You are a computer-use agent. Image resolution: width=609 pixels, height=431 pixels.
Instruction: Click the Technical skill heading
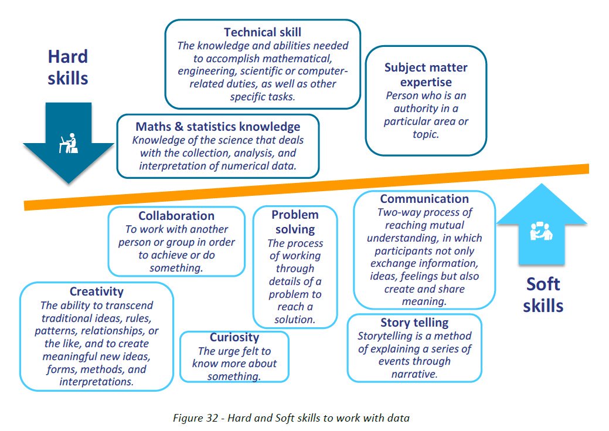pos(263,32)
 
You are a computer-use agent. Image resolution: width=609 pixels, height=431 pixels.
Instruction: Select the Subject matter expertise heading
pos(426,74)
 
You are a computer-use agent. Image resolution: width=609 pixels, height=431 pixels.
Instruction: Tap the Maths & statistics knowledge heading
pos(218,127)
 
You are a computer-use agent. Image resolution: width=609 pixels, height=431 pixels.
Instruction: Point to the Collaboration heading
pos(176,216)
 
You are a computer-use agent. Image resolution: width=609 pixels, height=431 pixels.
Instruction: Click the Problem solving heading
pos(295,222)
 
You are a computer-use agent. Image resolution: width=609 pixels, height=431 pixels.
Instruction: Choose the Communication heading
pos(424,199)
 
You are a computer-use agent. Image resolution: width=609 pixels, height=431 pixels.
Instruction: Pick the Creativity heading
pos(96,291)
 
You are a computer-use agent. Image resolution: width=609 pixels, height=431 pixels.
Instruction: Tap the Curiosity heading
pos(234,338)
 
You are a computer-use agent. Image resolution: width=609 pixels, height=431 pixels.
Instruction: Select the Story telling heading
pos(414,323)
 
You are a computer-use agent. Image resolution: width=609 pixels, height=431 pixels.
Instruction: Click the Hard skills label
pos(68,67)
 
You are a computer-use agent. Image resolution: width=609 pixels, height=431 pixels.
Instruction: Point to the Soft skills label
pos(543,295)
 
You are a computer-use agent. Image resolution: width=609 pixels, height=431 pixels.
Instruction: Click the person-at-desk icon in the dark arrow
pos(69,142)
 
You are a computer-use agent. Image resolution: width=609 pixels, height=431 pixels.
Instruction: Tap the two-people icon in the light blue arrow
pos(541,232)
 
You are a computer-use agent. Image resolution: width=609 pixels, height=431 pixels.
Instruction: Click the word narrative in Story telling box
pos(414,374)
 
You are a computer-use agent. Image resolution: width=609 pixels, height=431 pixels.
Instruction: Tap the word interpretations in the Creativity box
pos(96,382)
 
